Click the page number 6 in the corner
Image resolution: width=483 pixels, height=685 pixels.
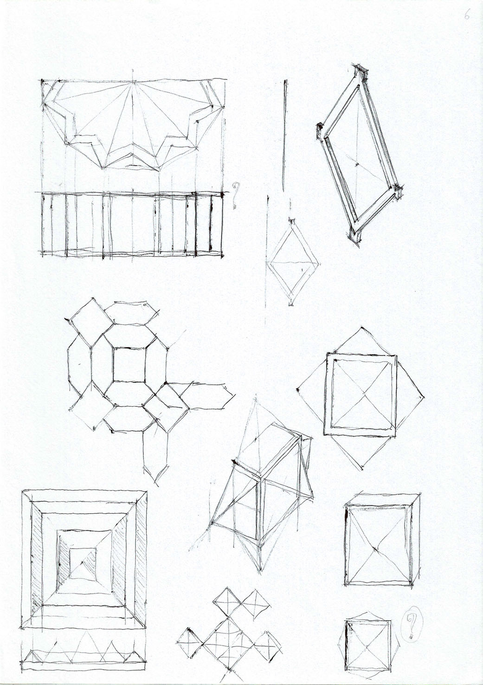click(466, 15)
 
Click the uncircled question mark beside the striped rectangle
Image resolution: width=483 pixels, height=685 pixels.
click(235, 196)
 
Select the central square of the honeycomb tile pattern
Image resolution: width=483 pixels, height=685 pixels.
click(129, 364)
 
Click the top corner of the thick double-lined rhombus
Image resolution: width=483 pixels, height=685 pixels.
click(361, 70)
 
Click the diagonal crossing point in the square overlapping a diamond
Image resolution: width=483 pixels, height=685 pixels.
click(364, 394)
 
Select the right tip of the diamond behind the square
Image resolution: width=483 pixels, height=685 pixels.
click(424, 397)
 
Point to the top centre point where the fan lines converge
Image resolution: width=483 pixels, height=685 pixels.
click(134, 82)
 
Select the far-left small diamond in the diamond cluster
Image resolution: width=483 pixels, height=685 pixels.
click(190, 643)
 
